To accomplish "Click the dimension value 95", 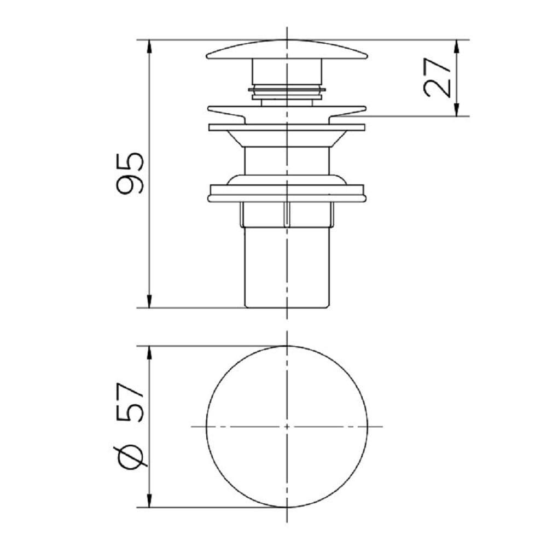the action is pyautogui.click(x=130, y=173).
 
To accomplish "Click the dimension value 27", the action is pyautogui.click(x=437, y=78).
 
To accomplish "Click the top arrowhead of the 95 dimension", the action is pyautogui.click(x=149, y=46).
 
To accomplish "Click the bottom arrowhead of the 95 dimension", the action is pyautogui.click(x=149, y=301).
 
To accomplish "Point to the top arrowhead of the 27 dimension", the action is pyautogui.click(x=457, y=46).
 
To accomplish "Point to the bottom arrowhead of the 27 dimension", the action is pyautogui.click(x=457, y=109).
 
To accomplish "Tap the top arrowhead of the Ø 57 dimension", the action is pyautogui.click(x=149, y=353).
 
